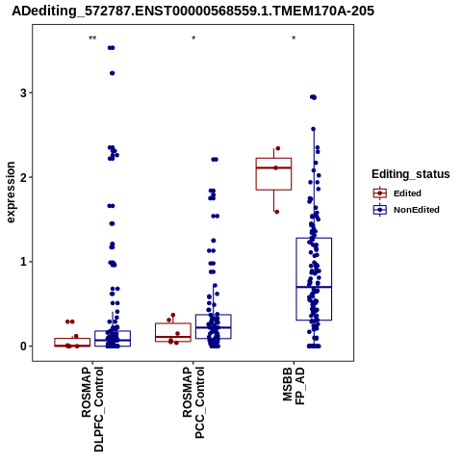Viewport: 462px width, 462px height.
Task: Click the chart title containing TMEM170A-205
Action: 192,11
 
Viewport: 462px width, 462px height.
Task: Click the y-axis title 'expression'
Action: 11,192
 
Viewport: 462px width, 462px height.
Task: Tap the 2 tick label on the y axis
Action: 23,177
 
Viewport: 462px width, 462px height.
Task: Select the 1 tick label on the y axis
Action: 23,262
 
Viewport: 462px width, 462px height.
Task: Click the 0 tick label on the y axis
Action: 23,346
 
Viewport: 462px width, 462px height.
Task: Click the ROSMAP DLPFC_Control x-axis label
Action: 92,409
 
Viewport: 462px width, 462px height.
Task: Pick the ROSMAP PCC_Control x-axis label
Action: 193,402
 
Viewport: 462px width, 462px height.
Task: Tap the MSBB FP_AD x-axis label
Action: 294,386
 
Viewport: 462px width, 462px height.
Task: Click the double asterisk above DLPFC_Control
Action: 92,38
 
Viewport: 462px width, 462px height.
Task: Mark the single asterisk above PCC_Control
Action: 193,38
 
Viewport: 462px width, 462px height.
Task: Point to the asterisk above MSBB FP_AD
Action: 294,38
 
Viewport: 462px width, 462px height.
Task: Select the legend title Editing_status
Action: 411,174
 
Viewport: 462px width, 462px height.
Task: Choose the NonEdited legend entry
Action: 406,210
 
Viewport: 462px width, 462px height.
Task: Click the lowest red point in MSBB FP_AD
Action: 277,212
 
